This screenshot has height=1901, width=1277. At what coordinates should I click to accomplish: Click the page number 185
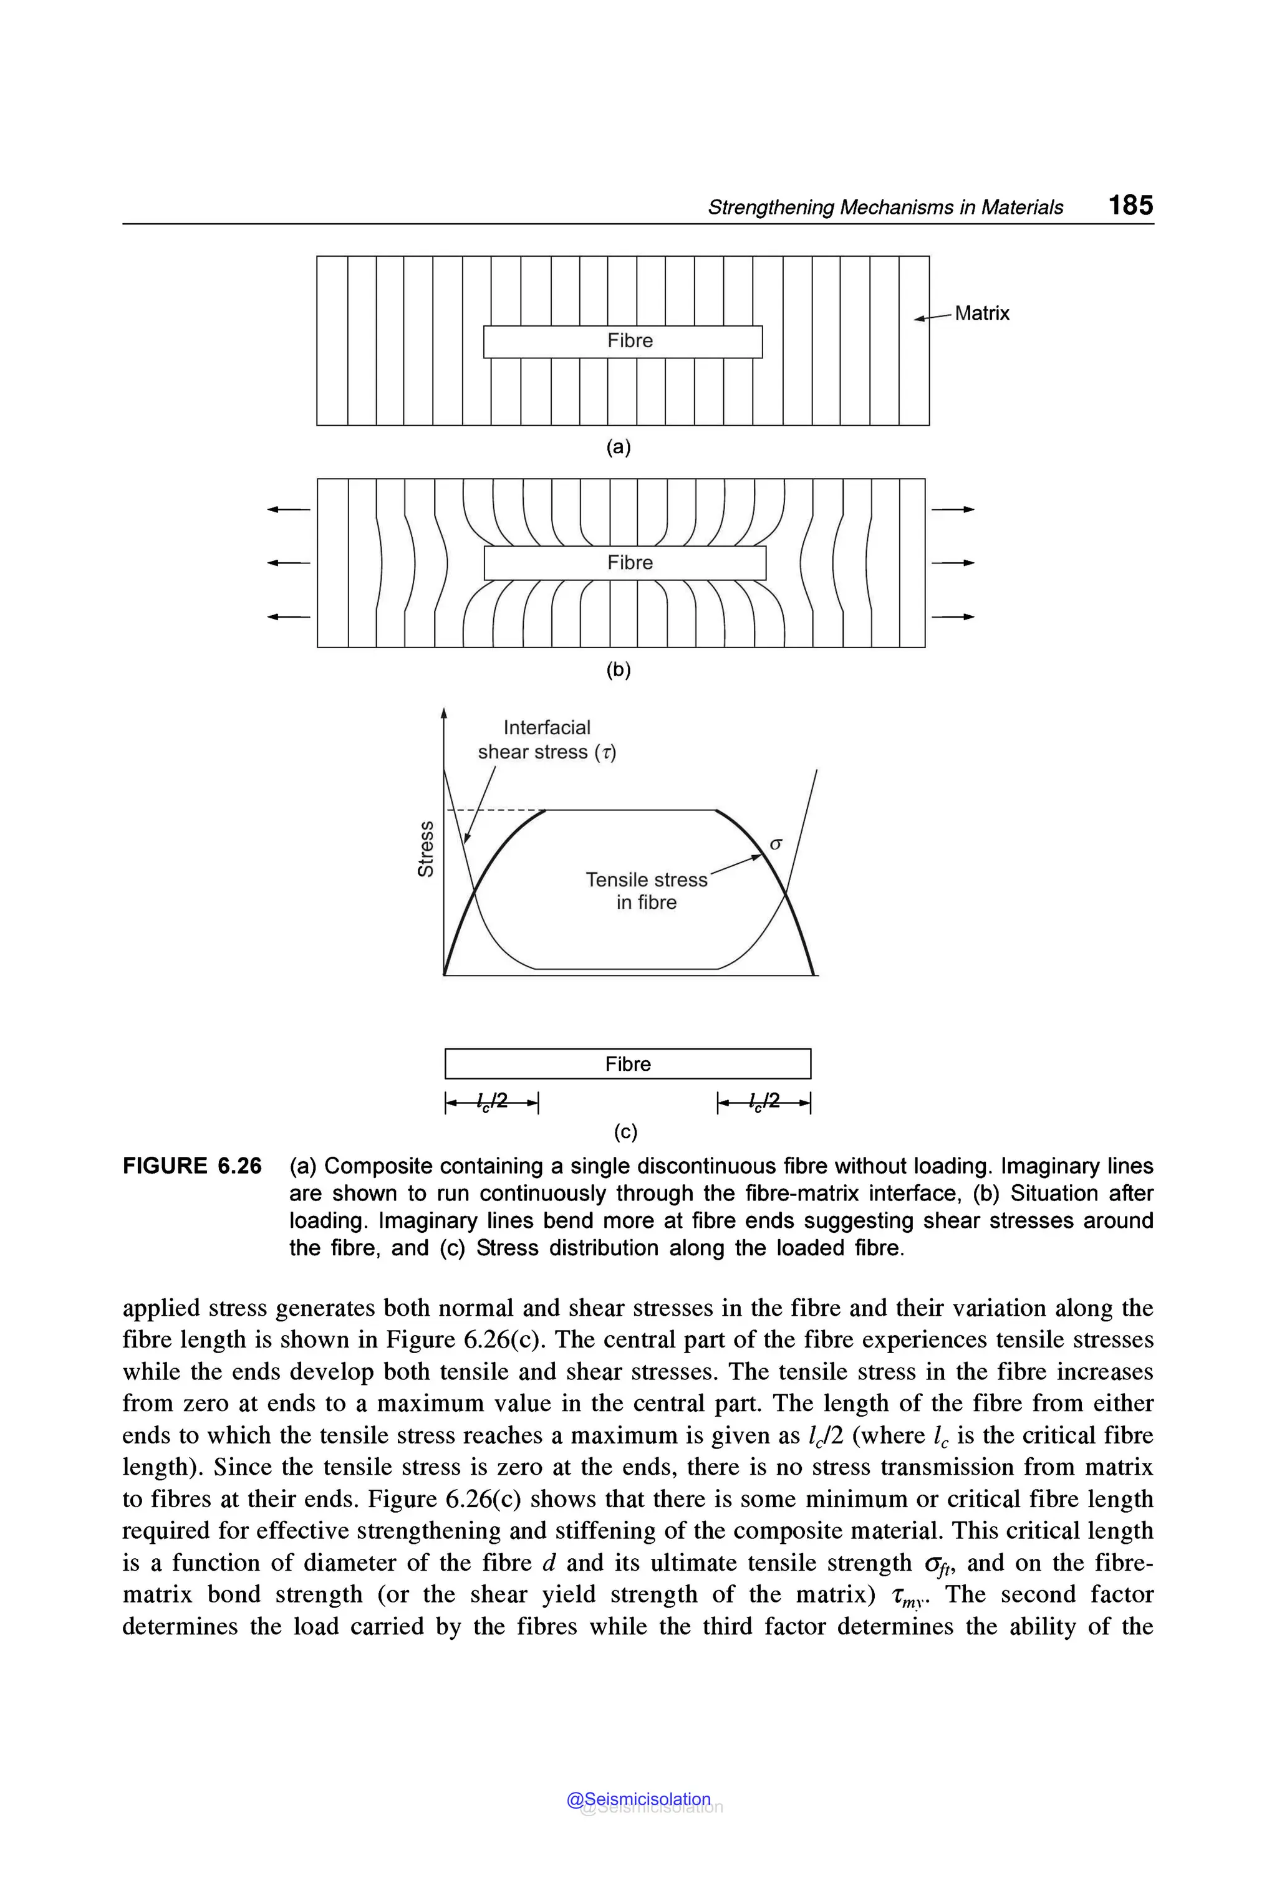pyautogui.click(x=1130, y=204)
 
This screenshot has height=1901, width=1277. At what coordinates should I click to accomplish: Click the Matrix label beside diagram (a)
pyautogui.click(x=981, y=314)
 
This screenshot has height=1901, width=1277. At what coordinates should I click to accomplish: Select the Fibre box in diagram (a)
pyautogui.click(x=623, y=341)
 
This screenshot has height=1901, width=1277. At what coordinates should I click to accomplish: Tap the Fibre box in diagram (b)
pyautogui.click(x=625, y=563)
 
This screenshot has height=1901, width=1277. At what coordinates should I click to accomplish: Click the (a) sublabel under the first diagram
pyautogui.click(x=618, y=447)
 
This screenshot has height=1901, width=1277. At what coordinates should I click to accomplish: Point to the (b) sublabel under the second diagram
pyautogui.click(x=618, y=669)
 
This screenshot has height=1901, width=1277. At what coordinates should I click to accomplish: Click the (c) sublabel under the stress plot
pyautogui.click(x=625, y=1132)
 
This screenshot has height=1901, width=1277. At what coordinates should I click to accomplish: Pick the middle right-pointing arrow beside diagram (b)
pyautogui.click(x=953, y=563)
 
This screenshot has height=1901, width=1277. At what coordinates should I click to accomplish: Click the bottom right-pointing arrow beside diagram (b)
pyautogui.click(x=953, y=617)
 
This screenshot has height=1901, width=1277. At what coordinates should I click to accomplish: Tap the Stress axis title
pyautogui.click(x=425, y=848)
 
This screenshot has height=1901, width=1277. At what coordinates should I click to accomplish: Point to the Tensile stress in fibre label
pyautogui.click(x=647, y=891)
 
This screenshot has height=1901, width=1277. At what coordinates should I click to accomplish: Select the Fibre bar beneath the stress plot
pyautogui.click(x=628, y=1064)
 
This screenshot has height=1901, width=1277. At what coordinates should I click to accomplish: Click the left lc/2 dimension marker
pyautogui.click(x=492, y=1103)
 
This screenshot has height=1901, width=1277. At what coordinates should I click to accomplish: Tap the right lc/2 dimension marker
pyautogui.click(x=764, y=1103)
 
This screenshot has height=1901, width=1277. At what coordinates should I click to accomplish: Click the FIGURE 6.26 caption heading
pyautogui.click(x=192, y=1166)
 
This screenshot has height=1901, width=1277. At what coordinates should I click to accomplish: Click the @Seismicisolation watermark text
pyautogui.click(x=638, y=1799)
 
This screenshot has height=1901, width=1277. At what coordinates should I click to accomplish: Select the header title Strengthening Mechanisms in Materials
pyautogui.click(x=885, y=208)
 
